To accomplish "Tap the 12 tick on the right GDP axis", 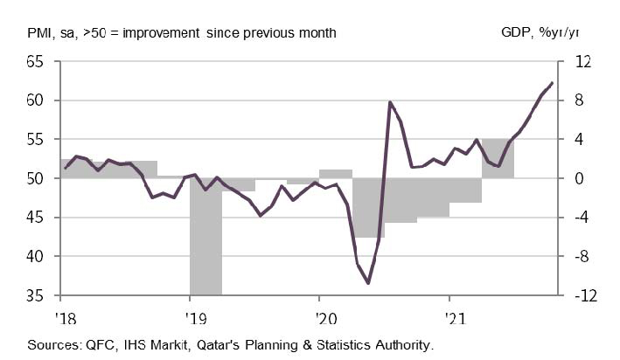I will tap(582, 62).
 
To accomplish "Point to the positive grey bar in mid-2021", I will tap(498, 158).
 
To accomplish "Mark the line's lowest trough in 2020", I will tap(368, 282).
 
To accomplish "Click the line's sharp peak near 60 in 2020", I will tap(390, 103).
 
